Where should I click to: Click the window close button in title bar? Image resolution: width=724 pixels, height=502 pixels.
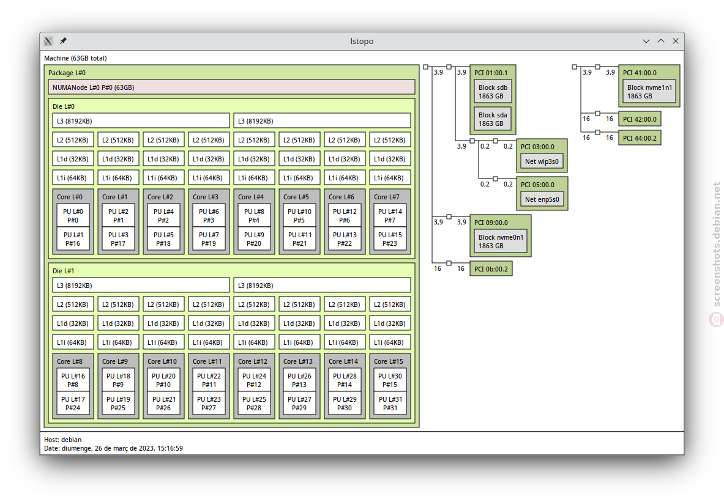click(x=676, y=41)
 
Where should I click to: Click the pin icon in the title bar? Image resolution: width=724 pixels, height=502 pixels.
click(x=63, y=41)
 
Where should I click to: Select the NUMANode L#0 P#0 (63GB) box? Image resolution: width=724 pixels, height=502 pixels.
click(x=231, y=87)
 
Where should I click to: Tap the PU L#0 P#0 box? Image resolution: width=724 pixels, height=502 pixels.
click(x=73, y=215)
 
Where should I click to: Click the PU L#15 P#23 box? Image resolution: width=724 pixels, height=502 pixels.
click(x=390, y=239)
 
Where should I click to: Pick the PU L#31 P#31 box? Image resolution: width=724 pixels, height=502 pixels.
click(x=390, y=404)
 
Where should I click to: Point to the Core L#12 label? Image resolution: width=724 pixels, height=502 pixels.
click(x=253, y=361)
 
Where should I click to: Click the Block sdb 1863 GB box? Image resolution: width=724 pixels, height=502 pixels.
click(x=493, y=92)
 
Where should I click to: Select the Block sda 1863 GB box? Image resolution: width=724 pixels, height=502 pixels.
click(x=493, y=119)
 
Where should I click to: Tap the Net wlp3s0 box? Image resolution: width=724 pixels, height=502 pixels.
click(x=542, y=161)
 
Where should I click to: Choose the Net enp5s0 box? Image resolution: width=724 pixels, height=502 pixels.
click(x=542, y=199)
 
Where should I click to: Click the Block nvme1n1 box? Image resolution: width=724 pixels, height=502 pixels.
click(x=649, y=92)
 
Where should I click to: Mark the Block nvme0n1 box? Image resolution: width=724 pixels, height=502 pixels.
click(x=501, y=242)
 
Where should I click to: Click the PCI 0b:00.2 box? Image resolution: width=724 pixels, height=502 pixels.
click(x=491, y=269)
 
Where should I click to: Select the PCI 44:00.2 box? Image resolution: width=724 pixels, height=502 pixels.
click(x=640, y=138)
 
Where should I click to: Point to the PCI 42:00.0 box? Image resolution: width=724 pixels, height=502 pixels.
click(x=640, y=119)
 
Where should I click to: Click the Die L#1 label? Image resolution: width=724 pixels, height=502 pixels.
click(x=63, y=271)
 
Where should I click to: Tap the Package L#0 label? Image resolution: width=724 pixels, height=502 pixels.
click(x=67, y=73)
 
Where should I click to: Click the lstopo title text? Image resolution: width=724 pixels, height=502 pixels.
click(x=362, y=41)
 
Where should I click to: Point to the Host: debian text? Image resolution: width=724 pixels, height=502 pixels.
click(x=63, y=440)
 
